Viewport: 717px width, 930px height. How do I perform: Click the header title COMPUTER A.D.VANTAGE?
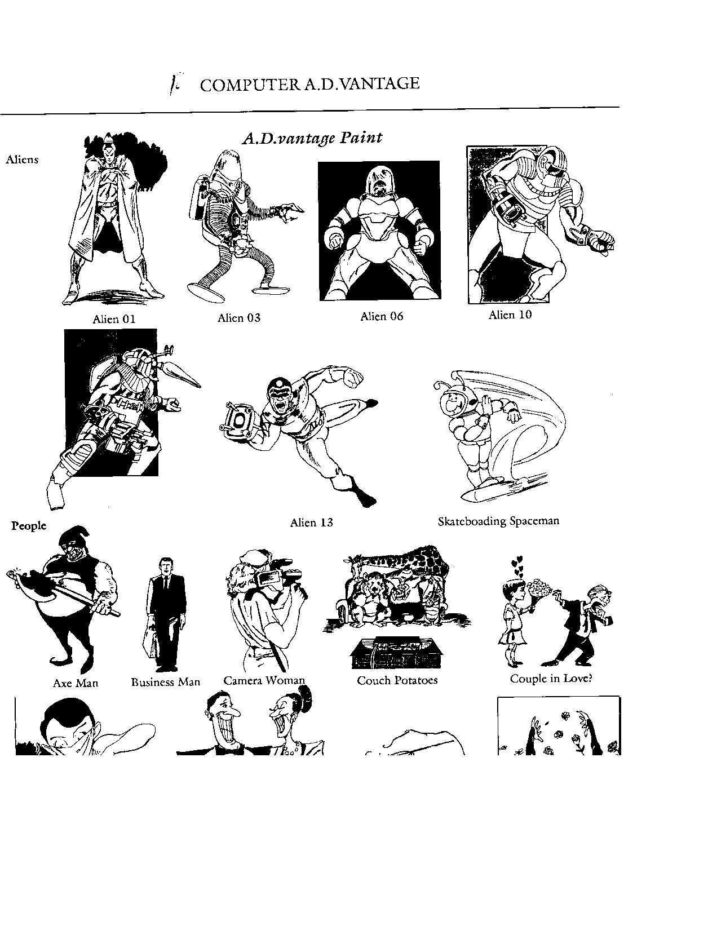(x=309, y=84)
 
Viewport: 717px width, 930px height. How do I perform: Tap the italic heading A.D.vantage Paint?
(x=312, y=138)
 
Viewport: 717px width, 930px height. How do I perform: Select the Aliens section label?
(x=22, y=159)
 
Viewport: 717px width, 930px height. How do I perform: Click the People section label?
(x=29, y=525)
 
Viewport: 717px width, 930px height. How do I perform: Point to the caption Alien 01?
(x=114, y=319)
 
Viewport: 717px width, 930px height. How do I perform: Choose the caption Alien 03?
(x=238, y=317)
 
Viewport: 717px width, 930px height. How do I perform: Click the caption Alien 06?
(x=382, y=316)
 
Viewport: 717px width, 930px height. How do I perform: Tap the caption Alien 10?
(x=510, y=315)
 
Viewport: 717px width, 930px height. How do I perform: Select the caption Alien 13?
(x=312, y=522)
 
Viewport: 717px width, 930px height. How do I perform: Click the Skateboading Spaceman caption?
(x=498, y=521)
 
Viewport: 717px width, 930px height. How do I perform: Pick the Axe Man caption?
(x=76, y=683)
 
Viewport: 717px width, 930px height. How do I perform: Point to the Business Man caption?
(x=166, y=682)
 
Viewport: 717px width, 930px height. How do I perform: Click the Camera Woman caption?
(x=264, y=680)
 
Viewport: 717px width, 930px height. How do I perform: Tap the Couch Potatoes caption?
(x=397, y=680)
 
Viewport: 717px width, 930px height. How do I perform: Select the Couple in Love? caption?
(x=551, y=679)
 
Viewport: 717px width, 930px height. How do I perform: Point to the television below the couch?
(x=397, y=653)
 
